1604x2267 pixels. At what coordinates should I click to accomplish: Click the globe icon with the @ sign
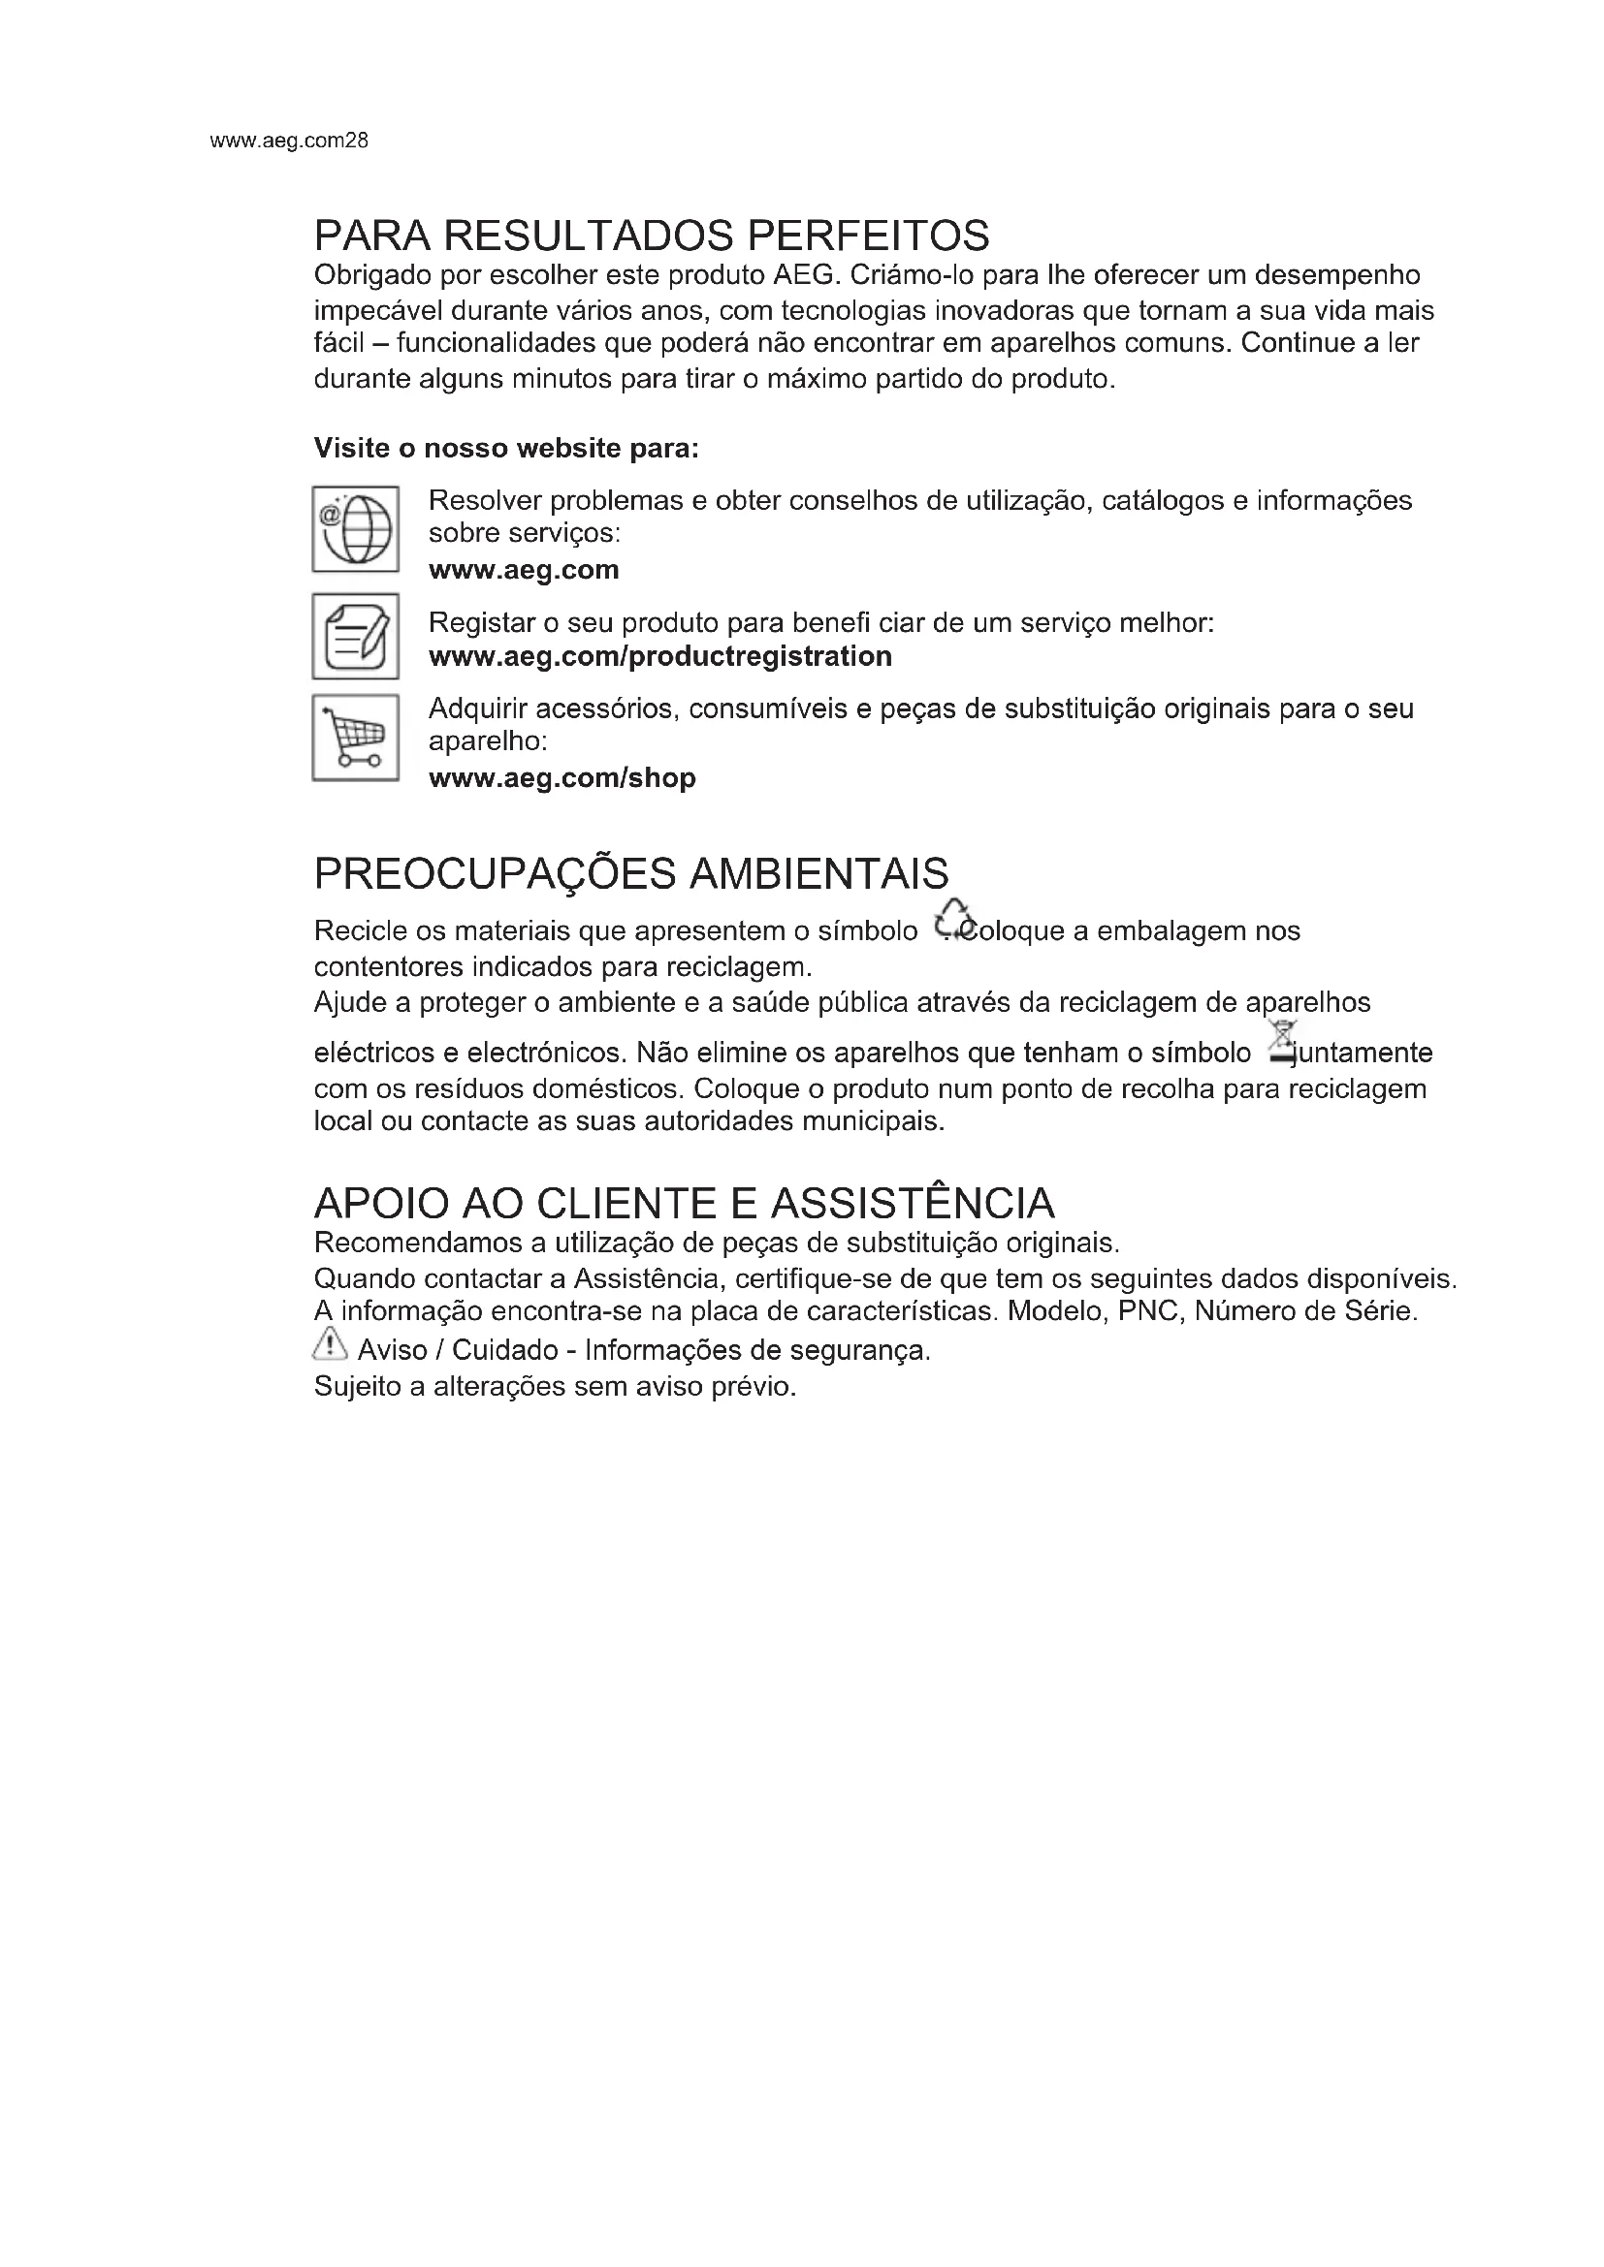click(x=356, y=529)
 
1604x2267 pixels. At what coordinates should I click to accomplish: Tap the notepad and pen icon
click(x=356, y=636)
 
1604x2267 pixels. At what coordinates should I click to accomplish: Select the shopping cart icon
click(x=356, y=738)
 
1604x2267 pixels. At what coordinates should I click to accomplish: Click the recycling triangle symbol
click(x=953, y=919)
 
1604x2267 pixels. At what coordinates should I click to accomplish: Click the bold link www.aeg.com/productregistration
click(x=659, y=656)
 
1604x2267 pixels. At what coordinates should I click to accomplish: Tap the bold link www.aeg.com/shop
click(x=562, y=778)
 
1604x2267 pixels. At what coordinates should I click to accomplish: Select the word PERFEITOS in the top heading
click(x=868, y=235)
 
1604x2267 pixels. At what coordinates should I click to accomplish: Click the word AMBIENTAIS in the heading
click(x=818, y=874)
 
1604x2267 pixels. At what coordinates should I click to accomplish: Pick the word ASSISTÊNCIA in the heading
click(x=913, y=1204)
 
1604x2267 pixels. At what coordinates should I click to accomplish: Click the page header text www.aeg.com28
click(x=289, y=141)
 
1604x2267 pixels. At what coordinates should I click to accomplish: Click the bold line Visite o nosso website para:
click(x=505, y=449)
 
